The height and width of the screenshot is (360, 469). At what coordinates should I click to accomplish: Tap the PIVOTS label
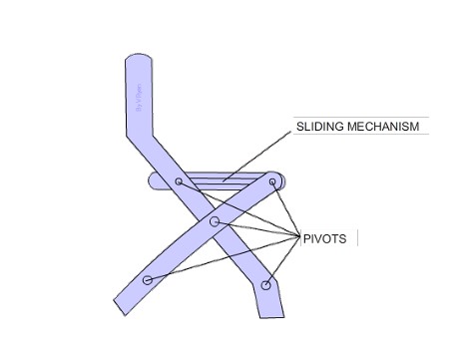tap(324, 239)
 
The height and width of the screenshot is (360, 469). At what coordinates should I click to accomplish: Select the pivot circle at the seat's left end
tap(179, 181)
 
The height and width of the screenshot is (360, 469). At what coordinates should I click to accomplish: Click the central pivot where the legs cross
tap(215, 220)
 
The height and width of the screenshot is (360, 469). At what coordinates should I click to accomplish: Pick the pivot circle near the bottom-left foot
tap(148, 280)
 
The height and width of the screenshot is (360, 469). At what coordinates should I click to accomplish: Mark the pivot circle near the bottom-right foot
tap(265, 285)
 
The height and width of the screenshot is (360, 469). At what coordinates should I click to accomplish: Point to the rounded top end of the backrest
tap(139, 61)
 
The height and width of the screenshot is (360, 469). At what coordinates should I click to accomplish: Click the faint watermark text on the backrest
tap(139, 100)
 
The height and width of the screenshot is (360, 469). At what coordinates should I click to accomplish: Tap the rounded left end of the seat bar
tap(154, 181)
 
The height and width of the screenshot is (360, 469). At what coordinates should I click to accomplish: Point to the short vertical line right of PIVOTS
tap(357, 239)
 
